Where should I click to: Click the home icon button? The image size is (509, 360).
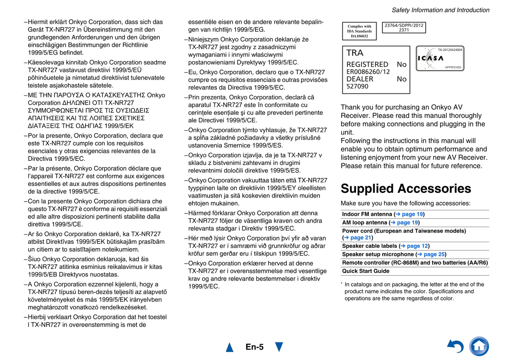[x=479, y=346]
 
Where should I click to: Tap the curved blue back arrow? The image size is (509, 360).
[x=456, y=346]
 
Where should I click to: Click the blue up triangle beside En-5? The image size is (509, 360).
[x=230, y=347]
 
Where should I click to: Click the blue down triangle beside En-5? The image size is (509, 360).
[x=279, y=347]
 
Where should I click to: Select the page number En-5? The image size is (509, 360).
[x=254, y=347]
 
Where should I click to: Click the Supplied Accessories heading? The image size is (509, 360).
[x=405, y=189]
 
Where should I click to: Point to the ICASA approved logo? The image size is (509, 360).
[x=440, y=58]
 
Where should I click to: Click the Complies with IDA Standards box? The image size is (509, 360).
[x=359, y=31]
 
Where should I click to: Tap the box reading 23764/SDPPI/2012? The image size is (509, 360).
[x=404, y=28]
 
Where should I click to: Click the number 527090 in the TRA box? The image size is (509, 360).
[x=357, y=87]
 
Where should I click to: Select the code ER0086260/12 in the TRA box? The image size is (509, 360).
[x=368, y=72]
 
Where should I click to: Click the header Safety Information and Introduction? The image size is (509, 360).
[x=440, y=10]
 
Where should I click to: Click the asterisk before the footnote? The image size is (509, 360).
[x=342, y=283]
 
